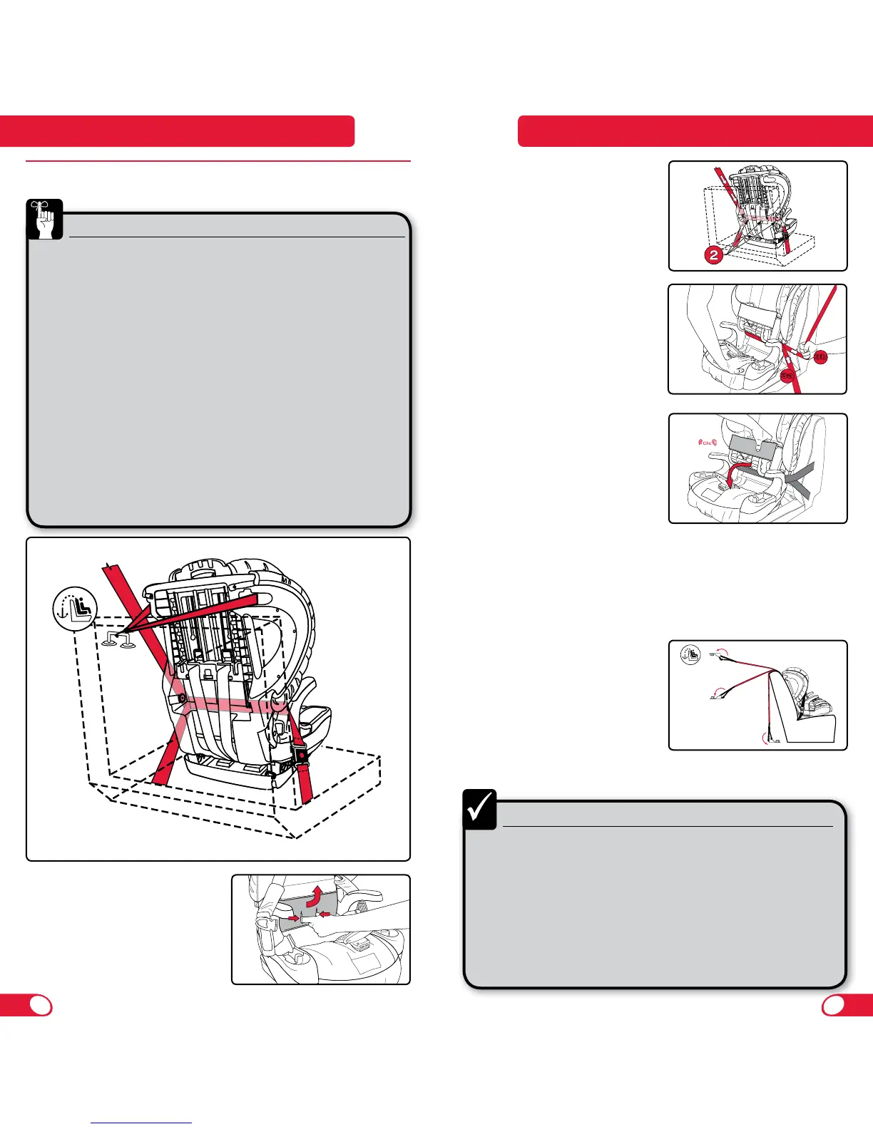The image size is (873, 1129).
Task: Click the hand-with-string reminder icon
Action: (x=45, y=219)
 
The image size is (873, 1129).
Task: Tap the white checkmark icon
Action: (x=479, y=809)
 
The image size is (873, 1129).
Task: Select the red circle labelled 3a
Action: (x=787, y=375)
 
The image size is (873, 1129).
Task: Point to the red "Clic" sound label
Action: (x=708, y=443)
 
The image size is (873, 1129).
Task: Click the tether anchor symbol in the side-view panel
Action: (x=690, y=654)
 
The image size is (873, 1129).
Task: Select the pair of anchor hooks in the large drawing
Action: (x=118, y=640)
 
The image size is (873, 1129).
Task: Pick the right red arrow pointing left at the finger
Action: (x=326, y=914)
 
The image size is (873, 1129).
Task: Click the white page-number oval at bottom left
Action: (x=41, y=1004)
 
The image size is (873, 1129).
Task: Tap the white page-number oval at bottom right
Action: (x=833, y=1004)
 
